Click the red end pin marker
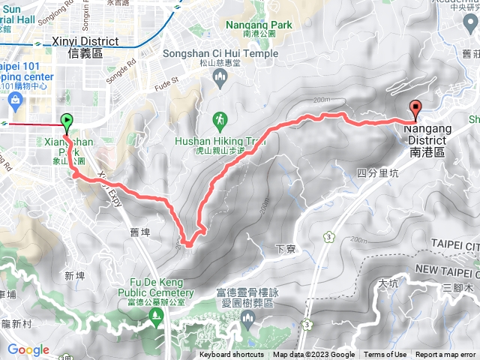[415, 109]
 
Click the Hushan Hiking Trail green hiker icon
[219, 119]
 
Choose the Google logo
[28, 349]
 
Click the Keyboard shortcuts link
[232, 355]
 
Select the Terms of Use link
[385, 355]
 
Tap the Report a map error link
[445, 355]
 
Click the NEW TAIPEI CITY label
[446, 268]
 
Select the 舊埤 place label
[140, 233]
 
